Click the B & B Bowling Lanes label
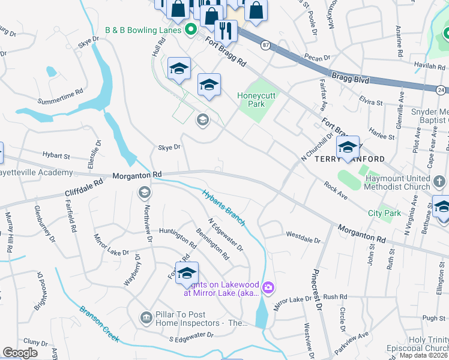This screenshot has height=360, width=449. [143, 29]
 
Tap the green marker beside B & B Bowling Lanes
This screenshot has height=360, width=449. [191, 28]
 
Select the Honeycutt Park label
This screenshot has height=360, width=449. [259, 100]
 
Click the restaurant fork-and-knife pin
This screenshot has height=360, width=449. [226, 31]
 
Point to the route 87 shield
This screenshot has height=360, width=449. [265, 44]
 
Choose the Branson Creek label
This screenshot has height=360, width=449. [99, 323]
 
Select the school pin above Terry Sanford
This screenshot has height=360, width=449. [348, 147]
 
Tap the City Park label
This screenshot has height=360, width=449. [384, 213]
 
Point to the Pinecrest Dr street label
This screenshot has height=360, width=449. [316, 293]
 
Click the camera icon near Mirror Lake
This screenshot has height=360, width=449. [268, 289]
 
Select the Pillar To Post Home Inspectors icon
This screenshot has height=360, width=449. [145, 317]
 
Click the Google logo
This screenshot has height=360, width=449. [19, 353]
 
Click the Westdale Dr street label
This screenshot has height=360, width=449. [304, 234]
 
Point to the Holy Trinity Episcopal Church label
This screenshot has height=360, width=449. [429, 344]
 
